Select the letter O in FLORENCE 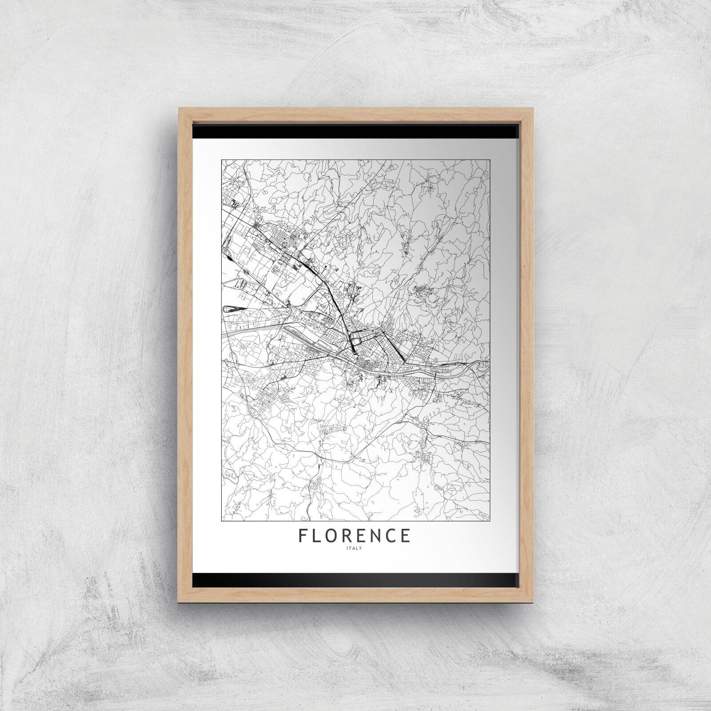point(334,535)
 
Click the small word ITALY point(355,547)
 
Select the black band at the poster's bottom point(355,579)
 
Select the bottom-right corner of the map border point(490,520)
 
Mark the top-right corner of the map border point(490,160)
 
